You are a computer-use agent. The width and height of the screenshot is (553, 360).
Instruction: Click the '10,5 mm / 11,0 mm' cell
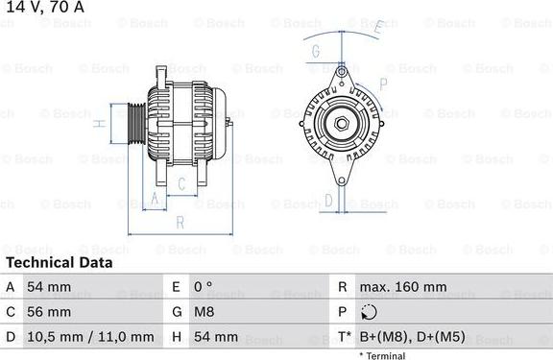click(93, 337)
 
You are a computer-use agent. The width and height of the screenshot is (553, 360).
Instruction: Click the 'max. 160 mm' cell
click(402, 287)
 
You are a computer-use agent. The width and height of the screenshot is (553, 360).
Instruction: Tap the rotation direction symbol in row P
click(370, 312)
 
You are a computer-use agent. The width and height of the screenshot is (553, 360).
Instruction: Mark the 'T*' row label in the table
click(343, 337)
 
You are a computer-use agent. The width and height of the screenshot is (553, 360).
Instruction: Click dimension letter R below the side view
click(180, 223)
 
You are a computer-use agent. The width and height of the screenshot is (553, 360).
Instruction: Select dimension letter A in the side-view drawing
click(153, 199)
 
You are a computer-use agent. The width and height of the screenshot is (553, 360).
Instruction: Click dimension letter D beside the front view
click(327, 200)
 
